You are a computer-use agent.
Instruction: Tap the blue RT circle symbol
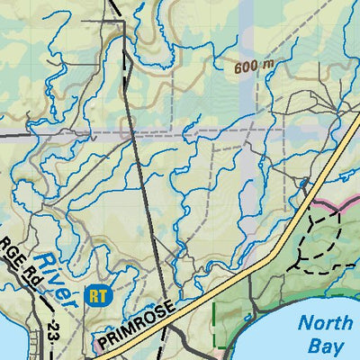(94, 293)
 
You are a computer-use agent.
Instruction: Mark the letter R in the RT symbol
(91, 293)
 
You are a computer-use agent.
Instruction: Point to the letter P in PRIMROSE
(104, 344)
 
